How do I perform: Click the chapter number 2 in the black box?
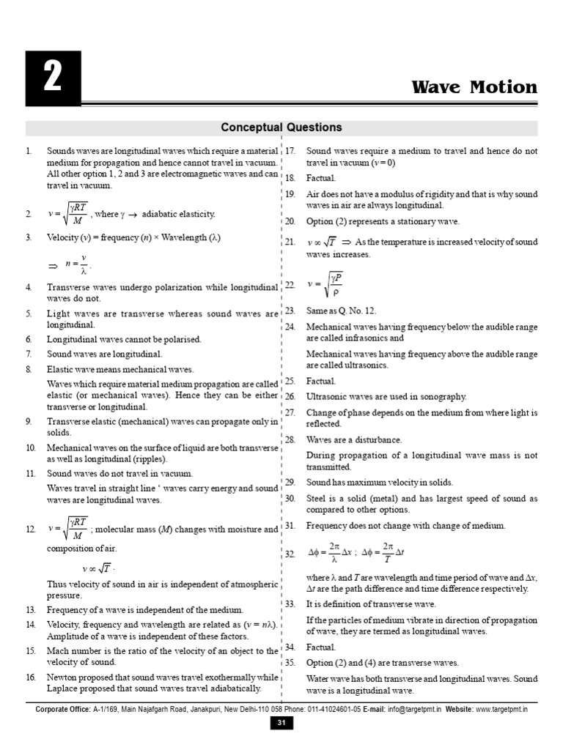(51, 78)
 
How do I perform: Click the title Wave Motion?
(474, 87)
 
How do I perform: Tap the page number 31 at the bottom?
(281, 724)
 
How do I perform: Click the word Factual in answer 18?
(321, 178)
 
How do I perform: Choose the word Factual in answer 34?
(321, 647)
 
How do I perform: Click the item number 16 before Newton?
(30, 677)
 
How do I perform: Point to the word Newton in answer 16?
(63, 677)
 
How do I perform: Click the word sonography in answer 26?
(441, 396)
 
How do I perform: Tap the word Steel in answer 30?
(317, 498)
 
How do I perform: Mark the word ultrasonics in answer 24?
(366, 365)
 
